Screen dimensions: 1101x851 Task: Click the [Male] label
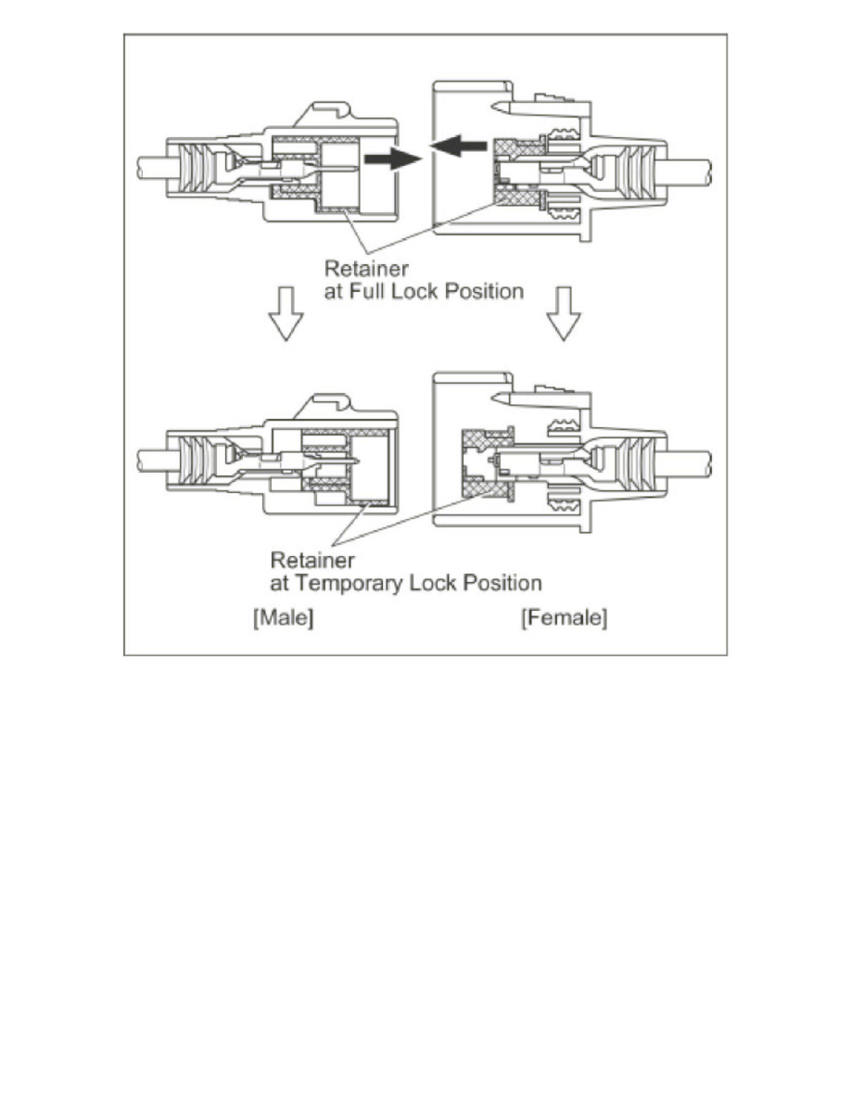(x=283, y=619)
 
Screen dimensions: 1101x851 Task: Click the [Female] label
(x=564, y=619)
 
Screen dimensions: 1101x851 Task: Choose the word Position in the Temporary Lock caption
(x=502, y=584)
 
